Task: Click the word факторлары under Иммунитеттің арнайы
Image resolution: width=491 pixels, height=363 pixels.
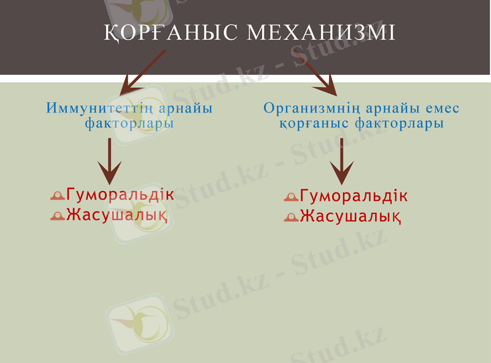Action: (130, 123)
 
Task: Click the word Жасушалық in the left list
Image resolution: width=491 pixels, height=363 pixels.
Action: (117, 215)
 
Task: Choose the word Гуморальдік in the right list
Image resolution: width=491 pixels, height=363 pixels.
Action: (354, 197)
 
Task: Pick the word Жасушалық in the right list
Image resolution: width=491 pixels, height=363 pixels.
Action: (350, 216)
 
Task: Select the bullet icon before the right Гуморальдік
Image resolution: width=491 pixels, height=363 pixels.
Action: (291, 198)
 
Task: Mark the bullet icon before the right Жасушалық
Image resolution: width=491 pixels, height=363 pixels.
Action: (291, 217)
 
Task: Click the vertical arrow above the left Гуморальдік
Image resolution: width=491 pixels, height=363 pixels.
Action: (110, 161)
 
